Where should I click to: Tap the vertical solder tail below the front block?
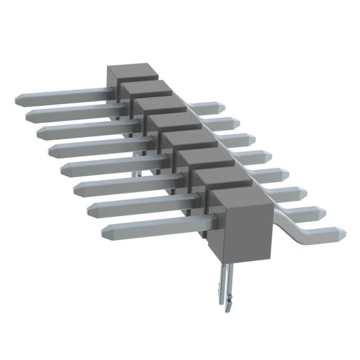(223, 287)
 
